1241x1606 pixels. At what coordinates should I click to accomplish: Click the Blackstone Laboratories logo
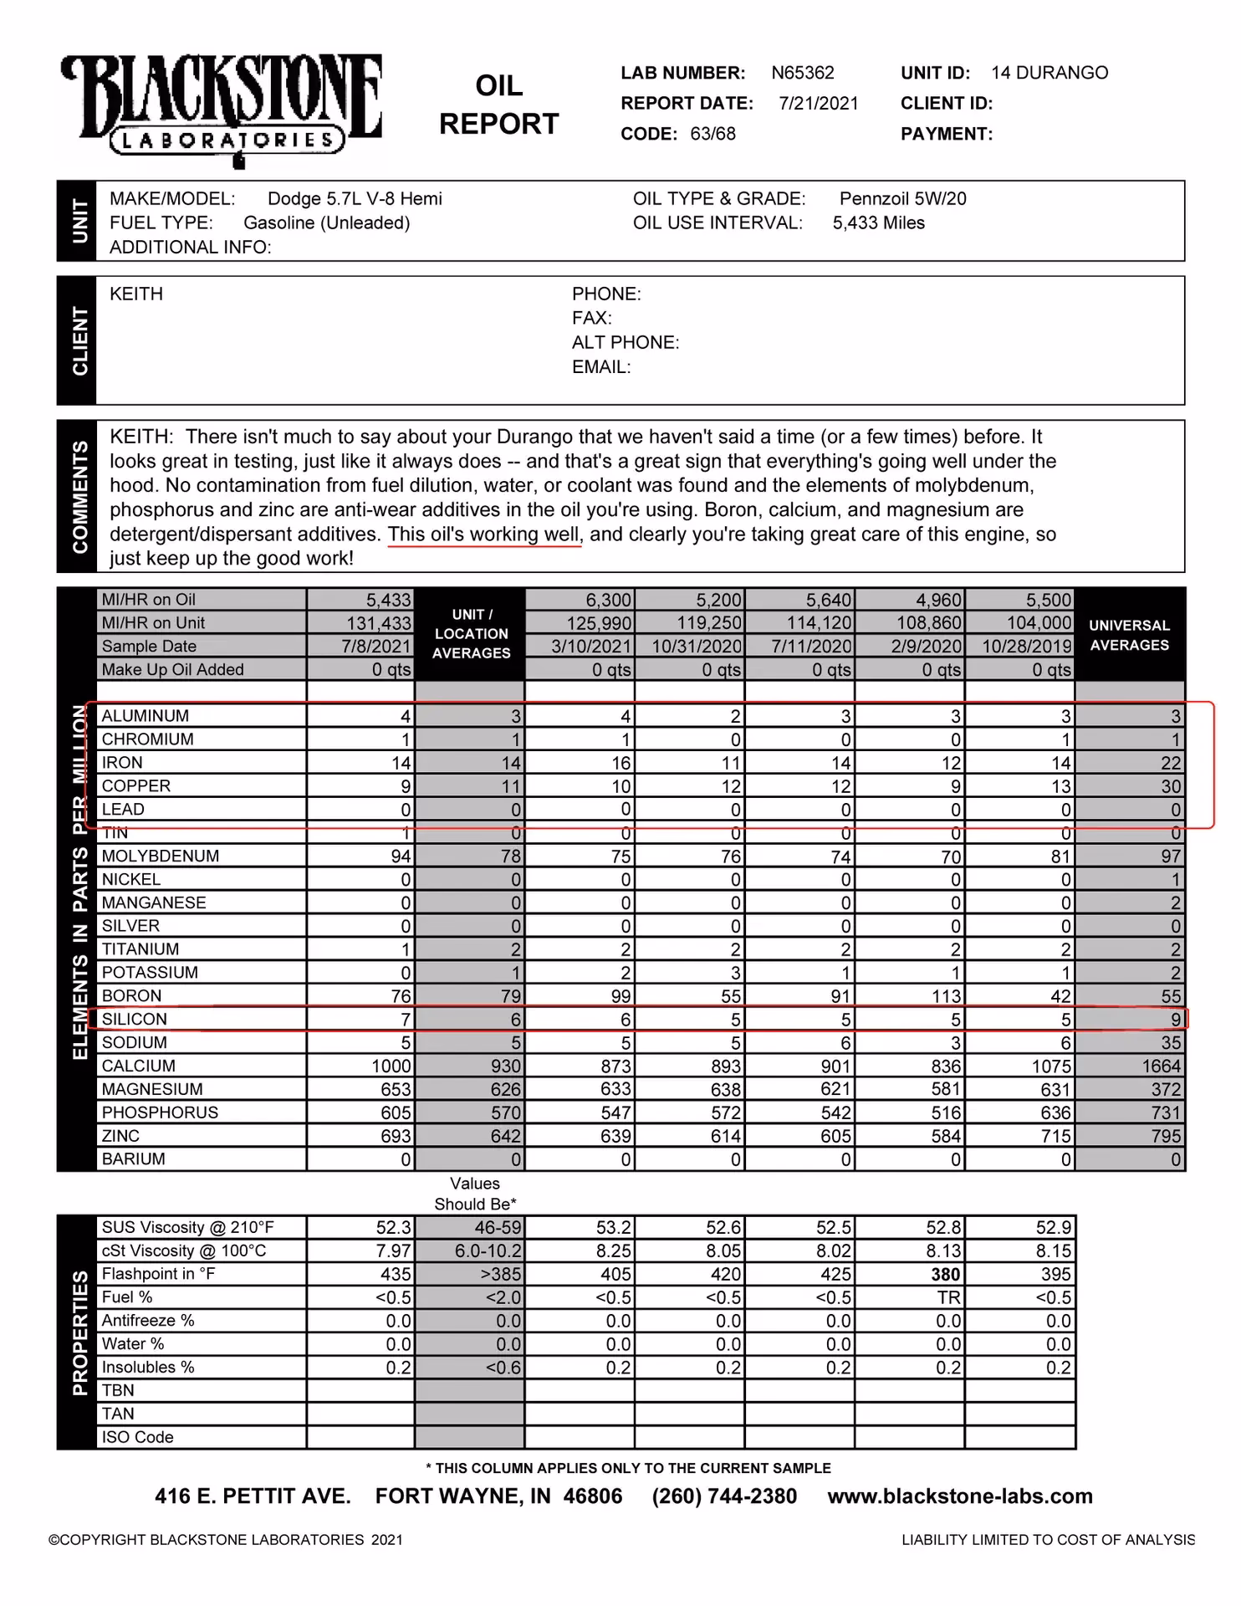pos(222,109)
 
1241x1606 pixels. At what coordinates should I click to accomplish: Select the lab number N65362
pos(802,74)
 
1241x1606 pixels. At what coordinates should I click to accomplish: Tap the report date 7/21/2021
pos(818,104)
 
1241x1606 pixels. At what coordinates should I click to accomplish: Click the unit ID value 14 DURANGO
pos(1049,74)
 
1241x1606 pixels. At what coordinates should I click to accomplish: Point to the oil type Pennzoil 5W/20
pos(902,199)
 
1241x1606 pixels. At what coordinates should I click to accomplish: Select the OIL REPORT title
pos(498,105)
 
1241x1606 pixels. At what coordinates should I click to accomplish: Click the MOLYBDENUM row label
pos(160,857)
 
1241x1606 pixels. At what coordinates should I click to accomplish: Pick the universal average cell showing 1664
pos(1161,1066)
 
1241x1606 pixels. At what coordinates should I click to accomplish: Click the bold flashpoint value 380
pos(945,1275)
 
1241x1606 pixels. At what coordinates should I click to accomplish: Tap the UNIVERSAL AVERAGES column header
pos(1129,636)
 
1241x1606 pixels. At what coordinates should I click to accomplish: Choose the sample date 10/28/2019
pos(1026,647)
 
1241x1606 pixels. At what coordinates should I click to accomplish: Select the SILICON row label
pos(134,1020)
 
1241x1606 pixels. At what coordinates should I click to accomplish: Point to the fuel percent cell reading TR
pos(948,1298)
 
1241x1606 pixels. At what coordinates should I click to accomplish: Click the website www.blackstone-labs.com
pos(959,1496)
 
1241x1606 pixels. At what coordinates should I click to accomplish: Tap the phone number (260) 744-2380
pos(724,1496)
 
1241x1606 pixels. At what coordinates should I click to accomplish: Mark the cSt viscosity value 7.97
pos(393,1251)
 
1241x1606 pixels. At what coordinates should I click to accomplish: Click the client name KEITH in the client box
pos(136,294)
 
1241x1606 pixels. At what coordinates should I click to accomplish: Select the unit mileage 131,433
pos(379,623)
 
